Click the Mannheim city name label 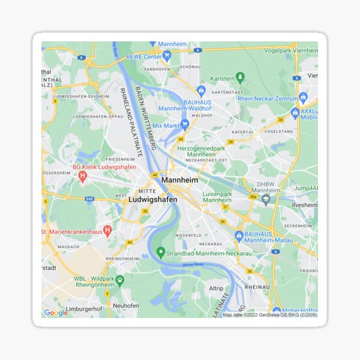pos(180,179)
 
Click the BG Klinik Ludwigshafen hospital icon pos(83,176)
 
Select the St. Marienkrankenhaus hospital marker pos(107,230)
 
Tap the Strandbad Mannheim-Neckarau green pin pos(160,253)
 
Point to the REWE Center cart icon pos(167,55)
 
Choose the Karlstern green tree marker pos(241,77)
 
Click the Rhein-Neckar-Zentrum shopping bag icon pos(303,97)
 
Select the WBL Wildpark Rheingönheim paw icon pos(119,280)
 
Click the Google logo pos(56,313)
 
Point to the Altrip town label pos(216,289)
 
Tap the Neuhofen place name pos(126,305)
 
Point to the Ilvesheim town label pos(304,205)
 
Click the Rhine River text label pos(193,264)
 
